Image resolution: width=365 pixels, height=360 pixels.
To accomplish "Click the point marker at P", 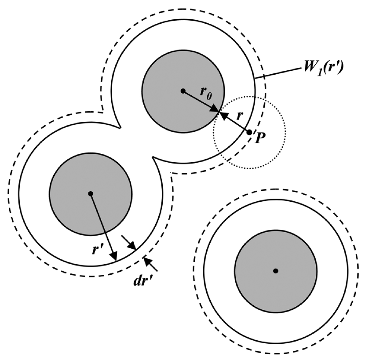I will click(x=249, y=132).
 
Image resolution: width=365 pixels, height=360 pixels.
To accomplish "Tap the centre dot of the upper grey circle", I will click(x=183, y=91).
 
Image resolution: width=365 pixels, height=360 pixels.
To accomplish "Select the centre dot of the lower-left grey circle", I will click(x=90, y=193).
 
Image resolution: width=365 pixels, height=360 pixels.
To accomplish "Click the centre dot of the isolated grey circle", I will click(x=275, y=270).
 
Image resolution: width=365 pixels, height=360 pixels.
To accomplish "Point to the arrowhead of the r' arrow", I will click(x=114, y=257).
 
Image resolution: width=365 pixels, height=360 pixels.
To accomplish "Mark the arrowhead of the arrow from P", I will click(x=223, y=114).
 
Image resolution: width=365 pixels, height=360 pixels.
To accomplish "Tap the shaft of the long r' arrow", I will click(x=102, y=225).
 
